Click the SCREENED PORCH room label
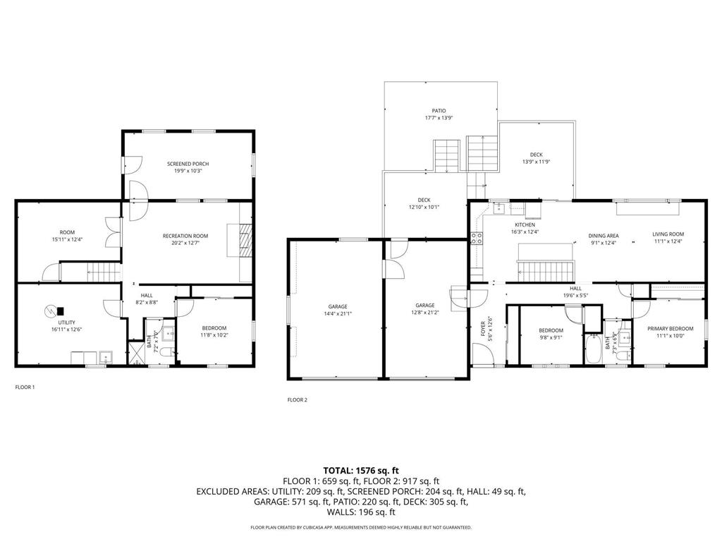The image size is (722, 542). click(x=188, y=164)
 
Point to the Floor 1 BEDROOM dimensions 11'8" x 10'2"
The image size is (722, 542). click(x=214, y=335)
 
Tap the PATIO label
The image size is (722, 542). click(x=439, y=111)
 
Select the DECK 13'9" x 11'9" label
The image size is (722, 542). click(x=536, y=155)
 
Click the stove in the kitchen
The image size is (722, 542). click(x=477, y=239)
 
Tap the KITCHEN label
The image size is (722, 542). click(x=525, y=224)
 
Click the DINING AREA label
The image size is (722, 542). click(x=604, y=235)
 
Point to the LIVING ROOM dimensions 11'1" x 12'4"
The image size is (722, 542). click(x=667, y=243)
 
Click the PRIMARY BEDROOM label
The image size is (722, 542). click(x=671, y=328)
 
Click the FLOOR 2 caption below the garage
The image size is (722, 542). click(x=297, y=399)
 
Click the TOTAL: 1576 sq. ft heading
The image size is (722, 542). click(x=361, y=469)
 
